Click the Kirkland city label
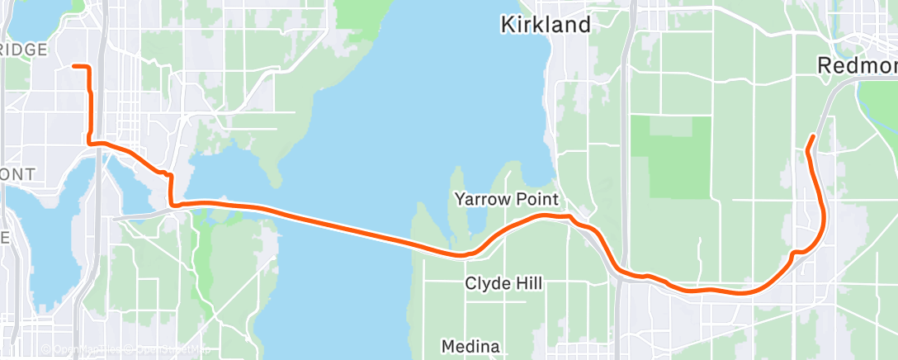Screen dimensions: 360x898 pyautogui.click(x=546, y=25)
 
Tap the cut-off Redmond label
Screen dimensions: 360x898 pyautogui.click(x=857, y=65)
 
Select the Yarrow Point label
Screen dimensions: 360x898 pyautogui.click(x=506, y=199)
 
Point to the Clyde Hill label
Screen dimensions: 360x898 pyautogui.click(x=503, y=283)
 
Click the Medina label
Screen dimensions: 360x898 pyautogui.click(x=470, y=346)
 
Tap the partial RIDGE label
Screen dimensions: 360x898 pyautogui.click(x=24, y=50)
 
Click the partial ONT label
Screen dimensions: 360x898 pyautogui.click(x=17, y=174)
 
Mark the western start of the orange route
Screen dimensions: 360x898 pyautogui.click(x=74, y=65)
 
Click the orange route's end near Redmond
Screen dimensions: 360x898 pyautogui.click(x=814, y=136)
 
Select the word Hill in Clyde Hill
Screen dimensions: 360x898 pyautogui.click(x=528, y=283)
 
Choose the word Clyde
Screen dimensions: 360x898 pyautogui.click(x=487, y=283)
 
